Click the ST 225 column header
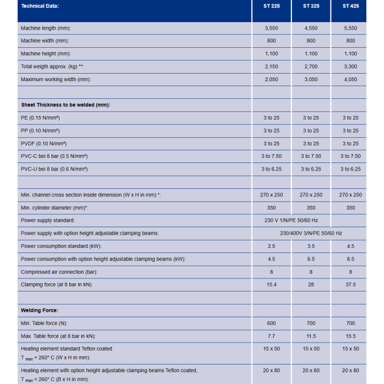click(x=271, y=6)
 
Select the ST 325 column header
click(x=311, y=6)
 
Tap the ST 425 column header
click(x=351, y=6)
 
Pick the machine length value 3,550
click(x=271, y=28)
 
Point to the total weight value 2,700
click(x=311, y=66)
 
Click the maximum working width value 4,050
click(x=351, y=79)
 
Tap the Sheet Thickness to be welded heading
click(x=65, y=104)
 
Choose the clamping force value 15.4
click(x=271, y=285)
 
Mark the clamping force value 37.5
click(x=351, y=285)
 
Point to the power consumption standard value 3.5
click(x=311, y=246)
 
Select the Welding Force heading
click(x=40, y=310)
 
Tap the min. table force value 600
click(x=271, y=323)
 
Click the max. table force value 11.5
click(x=311, y=336)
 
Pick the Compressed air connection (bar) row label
click(x=59, y=272)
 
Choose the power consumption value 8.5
click(x=351, y=259)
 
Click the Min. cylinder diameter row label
click(x=55, y=207)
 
